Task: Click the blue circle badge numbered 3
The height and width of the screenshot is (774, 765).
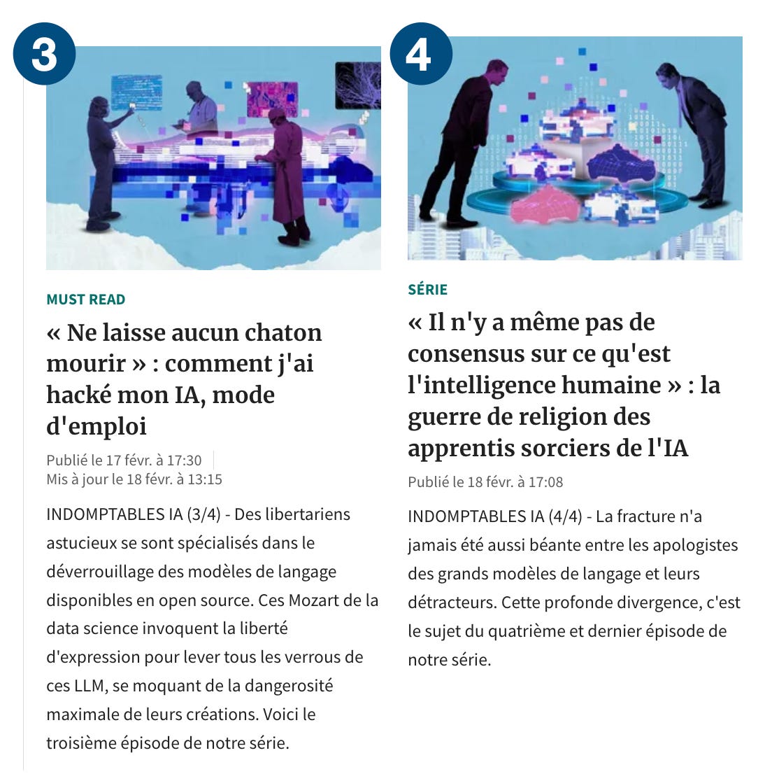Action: coord(44,54)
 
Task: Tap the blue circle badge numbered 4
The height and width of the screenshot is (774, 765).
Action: coord(421,54)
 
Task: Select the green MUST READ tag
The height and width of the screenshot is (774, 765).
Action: coord(86,300)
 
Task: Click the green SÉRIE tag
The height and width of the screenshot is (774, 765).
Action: coord(428,289)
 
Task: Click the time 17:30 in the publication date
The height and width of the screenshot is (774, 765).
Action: coord(185,460)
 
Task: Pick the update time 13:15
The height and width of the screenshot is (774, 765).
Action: coord(205,480)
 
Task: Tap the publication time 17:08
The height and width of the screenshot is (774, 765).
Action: coord(545,482)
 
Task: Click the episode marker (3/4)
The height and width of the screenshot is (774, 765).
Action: coord(203,514)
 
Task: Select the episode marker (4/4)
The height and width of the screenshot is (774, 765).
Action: coord(565,516)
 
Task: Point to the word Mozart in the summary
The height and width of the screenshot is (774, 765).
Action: coord(313,600)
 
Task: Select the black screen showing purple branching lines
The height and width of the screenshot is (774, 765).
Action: coord(358,85)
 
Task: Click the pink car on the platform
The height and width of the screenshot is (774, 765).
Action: coord(543,204)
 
